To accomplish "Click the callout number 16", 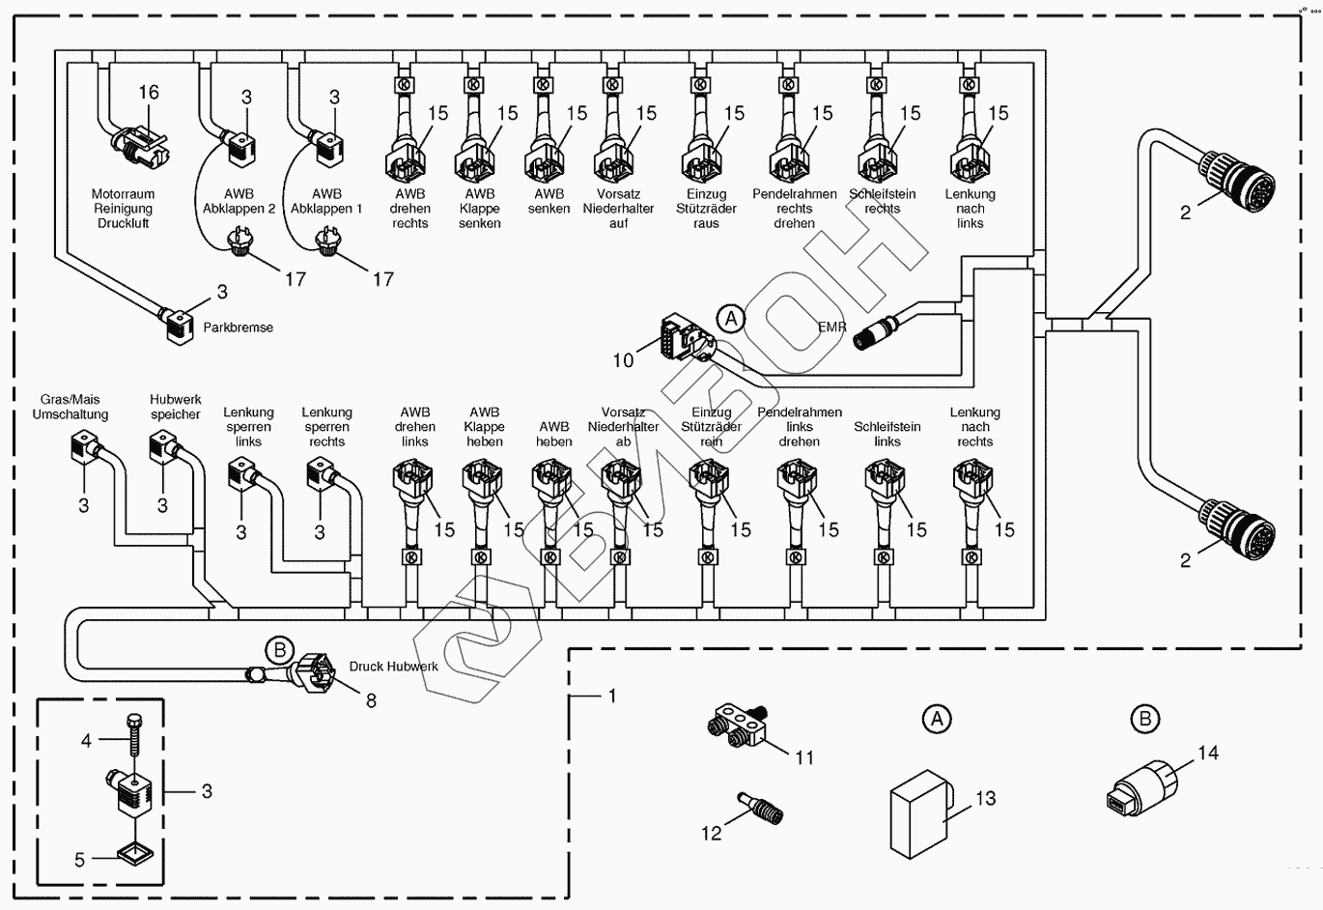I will (148, 93).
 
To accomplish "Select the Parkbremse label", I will (238, 327).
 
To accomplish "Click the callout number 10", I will (623, 360).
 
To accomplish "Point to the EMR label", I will (831, 327).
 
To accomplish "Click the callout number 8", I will (371, 700).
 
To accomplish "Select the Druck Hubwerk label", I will (393, 667).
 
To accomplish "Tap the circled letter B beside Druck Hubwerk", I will (279, 650).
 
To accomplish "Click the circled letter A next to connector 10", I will (731, 318).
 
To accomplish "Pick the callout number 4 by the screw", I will (87, 741).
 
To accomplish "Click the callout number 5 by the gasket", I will (80, 859).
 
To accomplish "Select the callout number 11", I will (804, 758).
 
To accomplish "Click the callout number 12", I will (711, 833).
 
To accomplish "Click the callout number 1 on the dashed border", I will (611, 696).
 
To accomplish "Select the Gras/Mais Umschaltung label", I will (70, 407).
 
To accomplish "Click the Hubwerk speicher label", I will (175, 407).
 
